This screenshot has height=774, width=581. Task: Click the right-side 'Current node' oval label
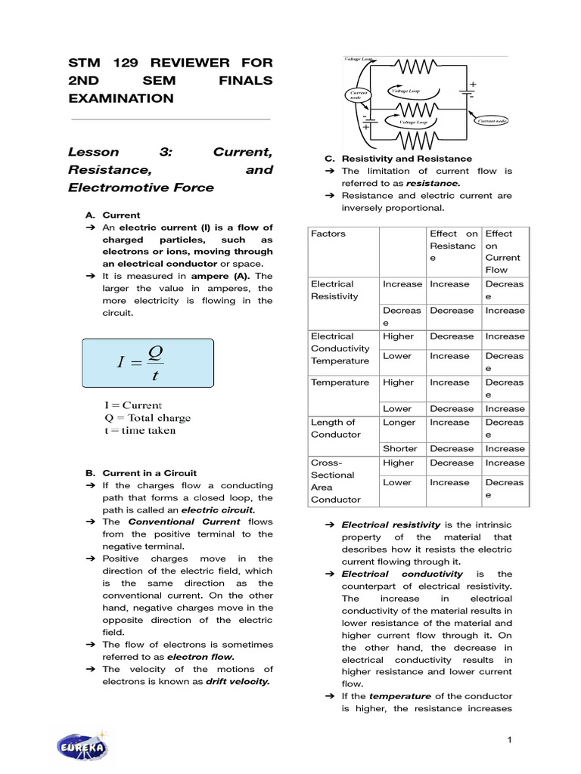[495, 121]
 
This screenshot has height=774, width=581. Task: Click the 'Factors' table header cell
[328, 234]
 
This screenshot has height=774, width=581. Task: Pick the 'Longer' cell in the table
[399, 423]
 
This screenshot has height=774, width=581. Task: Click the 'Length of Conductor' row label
[333, 429]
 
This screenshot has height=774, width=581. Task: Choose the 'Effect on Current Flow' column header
[502, 252]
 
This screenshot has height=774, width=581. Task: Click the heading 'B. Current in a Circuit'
[140, 473]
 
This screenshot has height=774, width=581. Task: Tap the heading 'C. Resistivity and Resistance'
[399, 159]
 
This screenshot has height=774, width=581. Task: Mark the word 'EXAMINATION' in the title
[120, 98]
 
